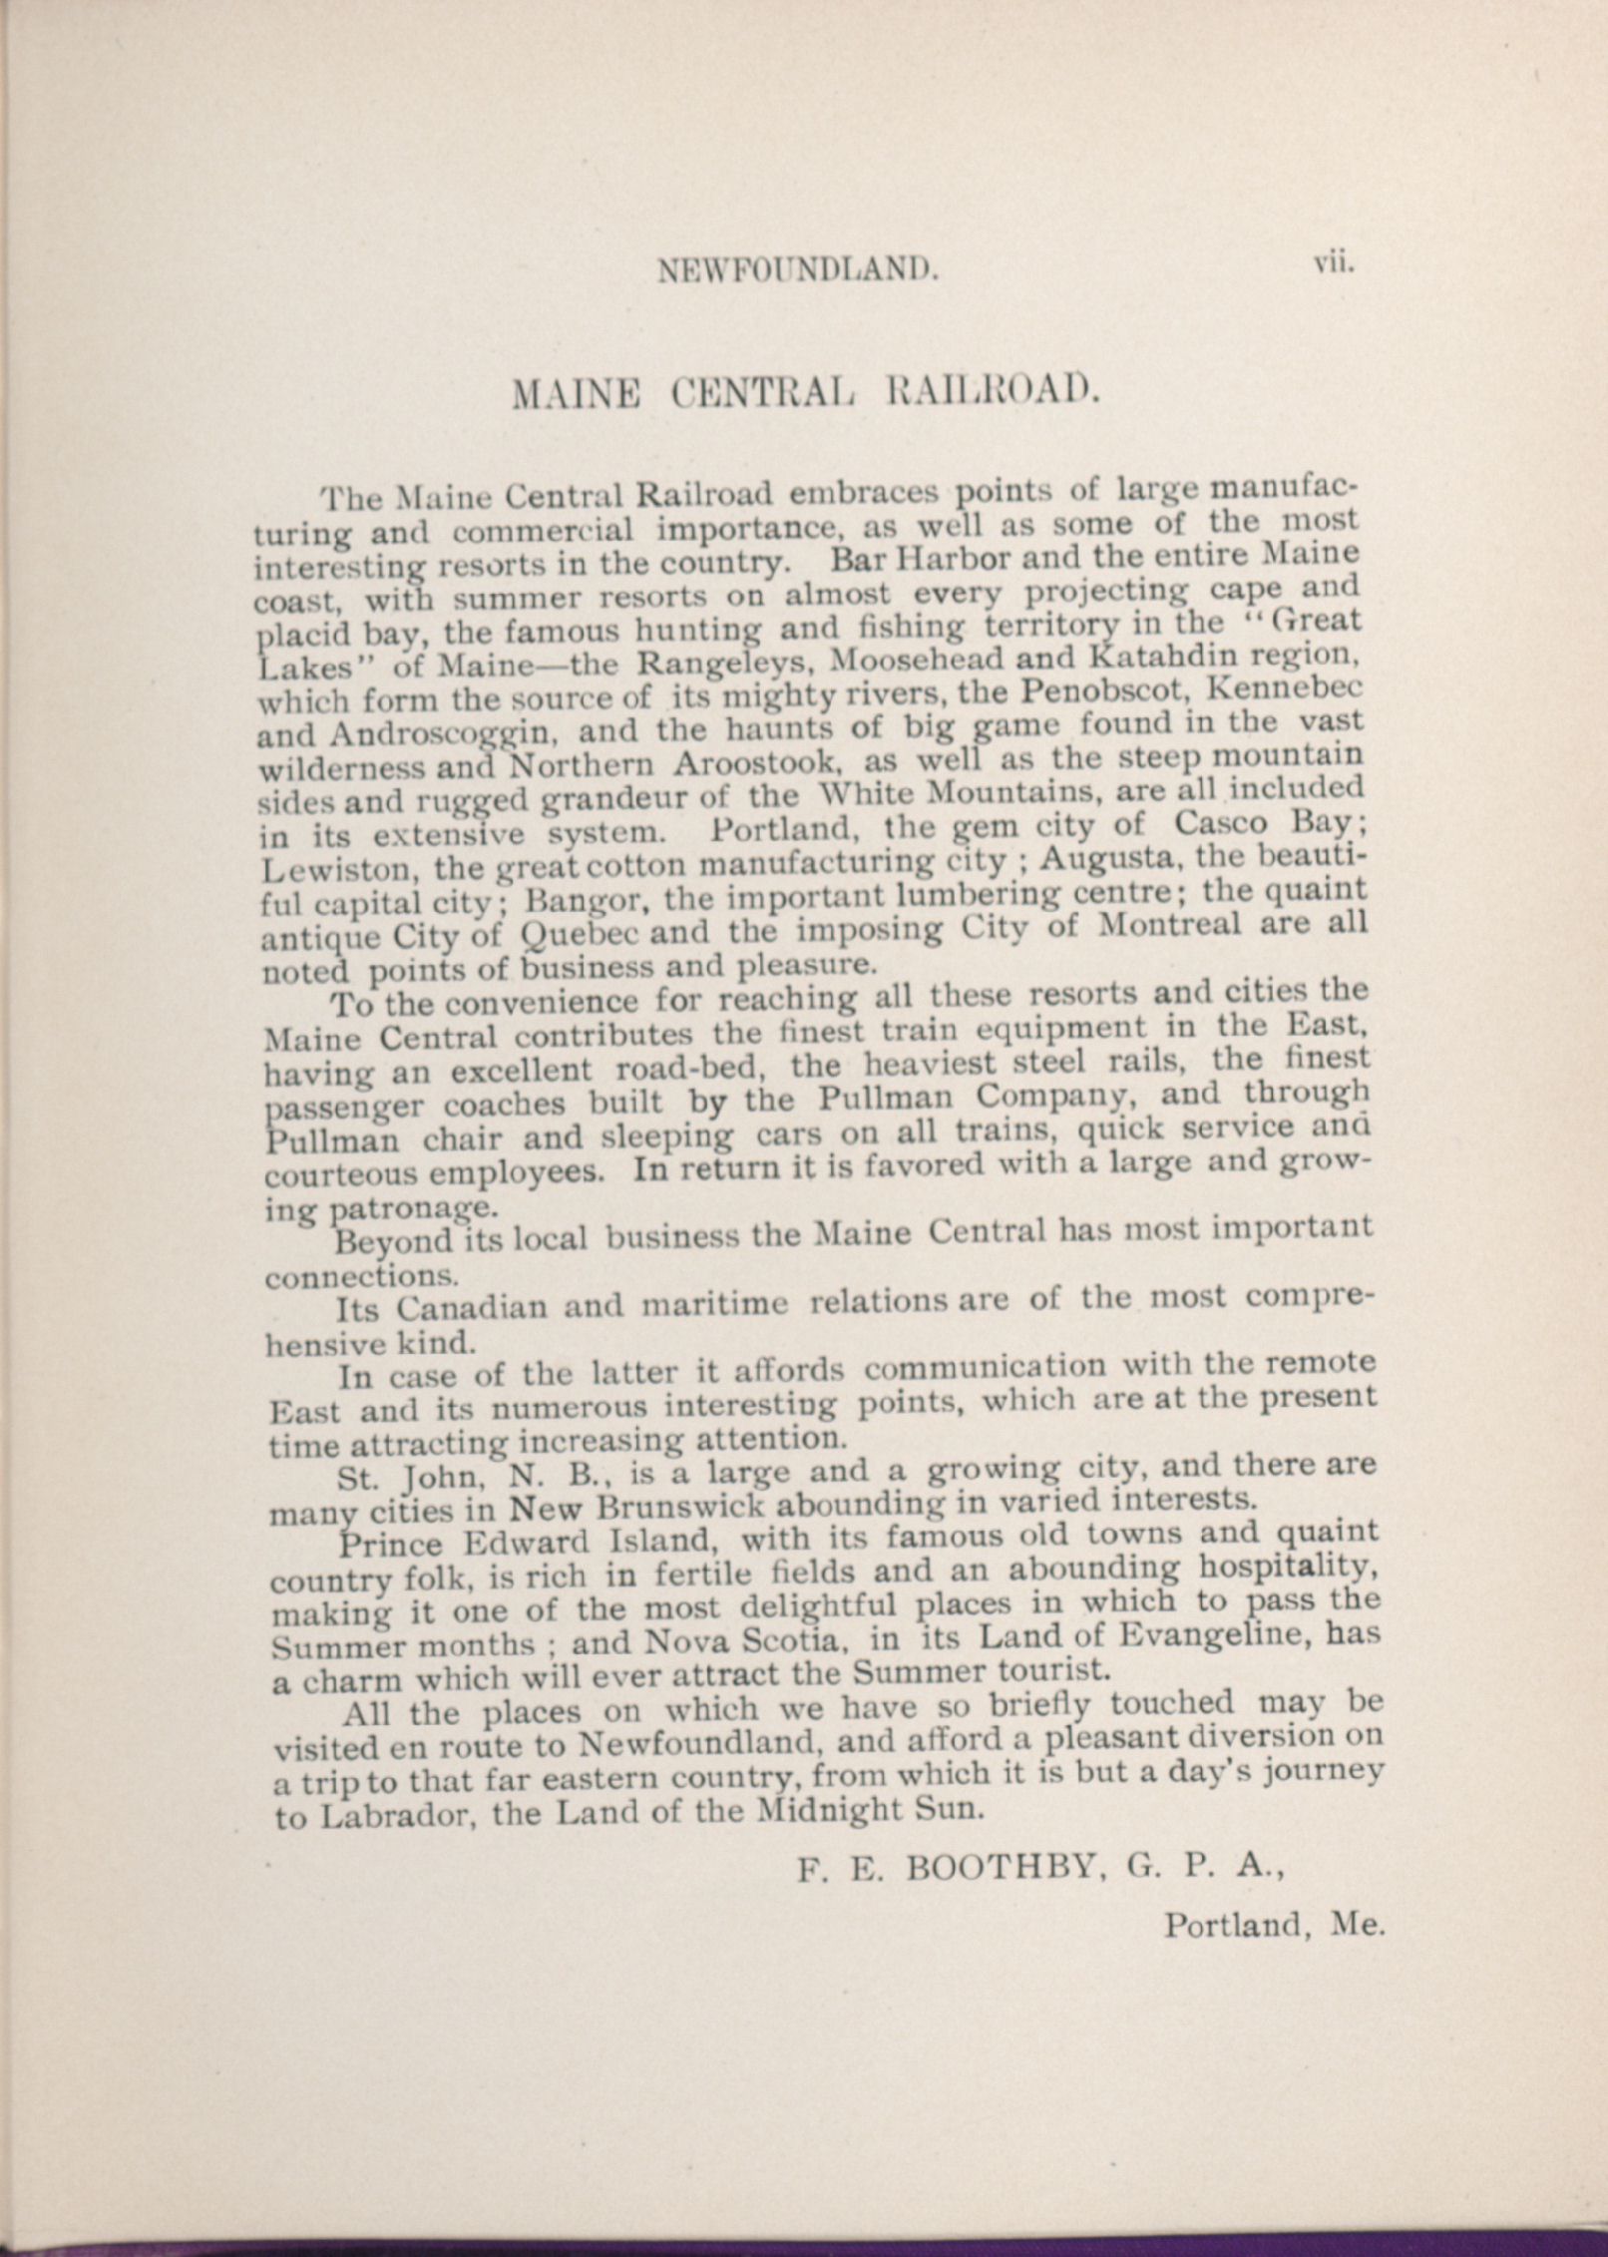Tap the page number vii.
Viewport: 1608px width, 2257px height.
point(1333,264)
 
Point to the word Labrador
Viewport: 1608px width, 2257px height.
point(394,1814)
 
